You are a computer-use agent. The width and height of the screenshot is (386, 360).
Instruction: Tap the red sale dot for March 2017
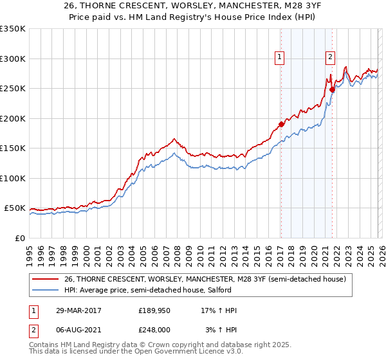281,124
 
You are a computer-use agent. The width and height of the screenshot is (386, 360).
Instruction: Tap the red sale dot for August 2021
333,90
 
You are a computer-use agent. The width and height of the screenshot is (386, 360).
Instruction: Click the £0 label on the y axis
20,238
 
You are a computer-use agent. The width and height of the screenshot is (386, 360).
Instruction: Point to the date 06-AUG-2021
76,329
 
